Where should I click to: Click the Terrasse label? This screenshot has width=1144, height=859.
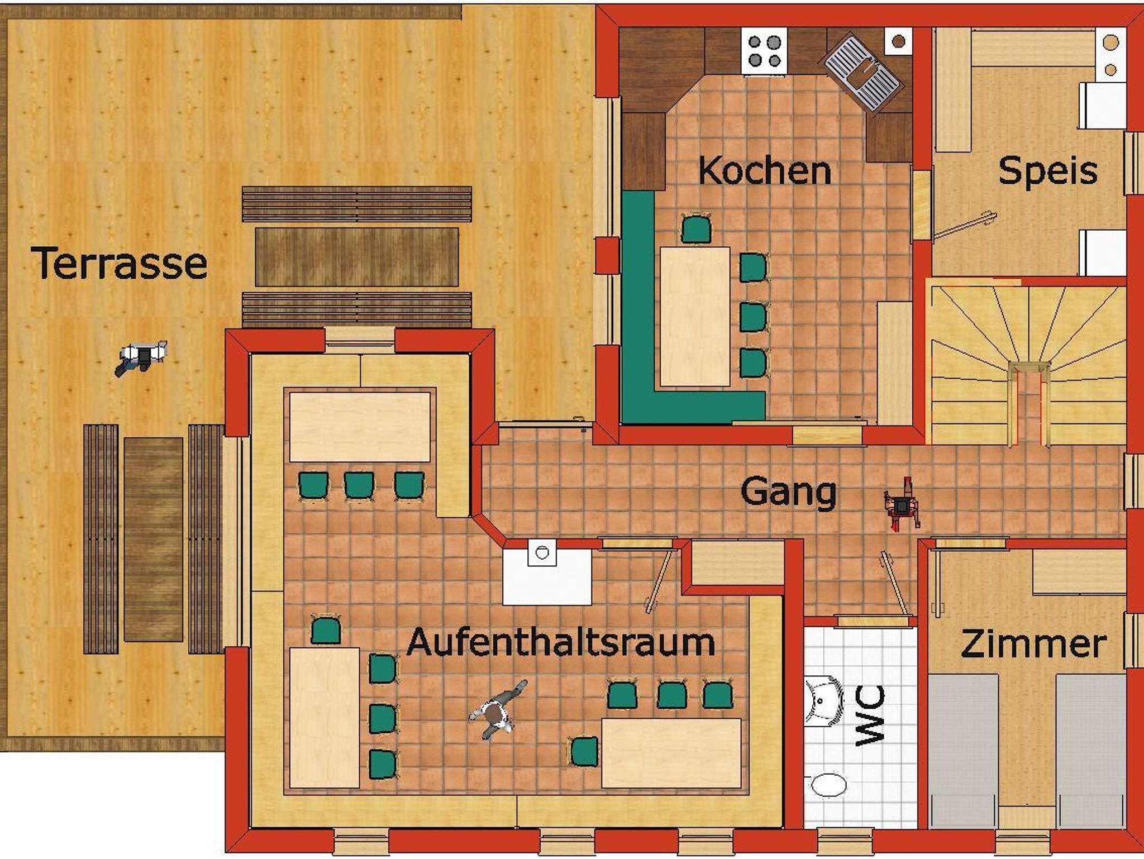[120, 263]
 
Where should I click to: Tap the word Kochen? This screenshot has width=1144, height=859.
[765, 170]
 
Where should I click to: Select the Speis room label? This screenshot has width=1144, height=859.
[1048, 170]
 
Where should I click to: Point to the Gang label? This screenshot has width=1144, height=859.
[788, 492]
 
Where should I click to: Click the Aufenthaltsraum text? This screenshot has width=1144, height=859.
[561, 642]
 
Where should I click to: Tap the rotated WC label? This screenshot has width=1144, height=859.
[870, 715]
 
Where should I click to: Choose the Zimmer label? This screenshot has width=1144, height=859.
[1033, 644]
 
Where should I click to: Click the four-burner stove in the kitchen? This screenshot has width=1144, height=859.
[764, 51]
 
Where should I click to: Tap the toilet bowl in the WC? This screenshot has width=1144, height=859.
[828, 784]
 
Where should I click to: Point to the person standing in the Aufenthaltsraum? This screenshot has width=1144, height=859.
[496, 710]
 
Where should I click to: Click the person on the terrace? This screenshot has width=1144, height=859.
[141, 356]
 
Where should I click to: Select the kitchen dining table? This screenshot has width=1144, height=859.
[695, 316]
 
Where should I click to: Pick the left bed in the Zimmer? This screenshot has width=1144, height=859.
[962, 751]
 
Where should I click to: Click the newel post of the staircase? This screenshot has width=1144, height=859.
[1029, 370]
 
